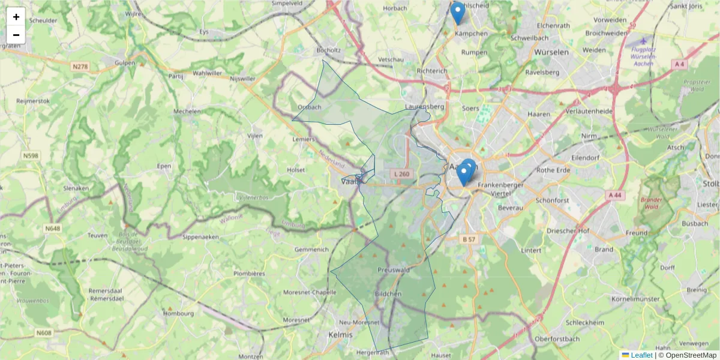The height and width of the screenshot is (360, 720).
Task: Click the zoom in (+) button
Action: click(16, 17)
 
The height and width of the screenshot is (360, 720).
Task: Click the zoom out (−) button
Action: click(16, 35)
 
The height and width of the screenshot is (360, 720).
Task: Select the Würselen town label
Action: click(551, 52)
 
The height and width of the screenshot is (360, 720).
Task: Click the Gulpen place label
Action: click(125, 62)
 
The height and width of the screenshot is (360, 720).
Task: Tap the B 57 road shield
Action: click(469, 239)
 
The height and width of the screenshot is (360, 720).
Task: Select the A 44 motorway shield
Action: click(614, 195)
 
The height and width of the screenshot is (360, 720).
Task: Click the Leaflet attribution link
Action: click(641, 355)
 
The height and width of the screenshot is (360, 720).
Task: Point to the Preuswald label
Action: click(394, 270)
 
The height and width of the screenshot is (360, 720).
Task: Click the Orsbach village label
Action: click(310, 107)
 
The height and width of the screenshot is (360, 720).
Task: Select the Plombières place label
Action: click(249, 274)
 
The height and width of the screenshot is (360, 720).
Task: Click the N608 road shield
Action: click(44, 333)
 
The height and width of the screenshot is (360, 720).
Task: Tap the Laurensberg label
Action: click(424, 107)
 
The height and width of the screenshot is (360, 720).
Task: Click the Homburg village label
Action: click(179, 313)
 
